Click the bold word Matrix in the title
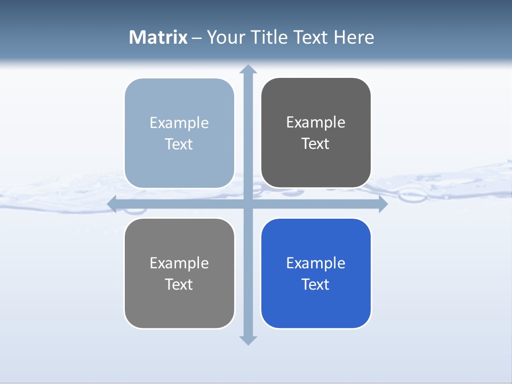[158, 37]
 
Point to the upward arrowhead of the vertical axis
[248, 69]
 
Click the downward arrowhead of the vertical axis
[248, 340]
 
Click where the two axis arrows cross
[248, 204]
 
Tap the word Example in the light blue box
[179, 123]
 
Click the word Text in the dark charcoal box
[316, 144]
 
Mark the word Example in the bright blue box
[316, 263]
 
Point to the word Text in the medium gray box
[179, 284]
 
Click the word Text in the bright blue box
[316, 284]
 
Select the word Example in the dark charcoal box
[316, 122]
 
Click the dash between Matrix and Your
[197, 38]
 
